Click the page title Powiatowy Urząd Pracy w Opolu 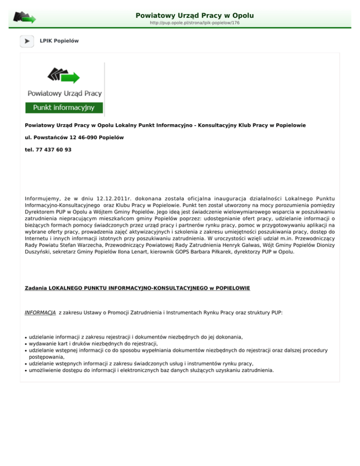pyautogui.click(x=194, y=15)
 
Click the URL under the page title pyautogui.click(x=195, y=23)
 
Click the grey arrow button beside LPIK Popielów pyautogui.click(x=27, y=41)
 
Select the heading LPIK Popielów pyautogui.click(x=59, y=41)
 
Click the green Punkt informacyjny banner pyautogui.click(x=64, y=108)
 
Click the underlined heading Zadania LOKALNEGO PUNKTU pyautogui.click(x=137, y=288)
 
